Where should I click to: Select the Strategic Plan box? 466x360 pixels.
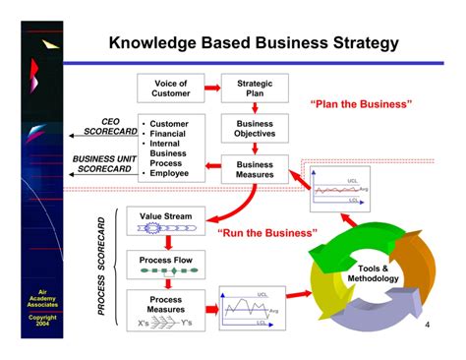[256, 90]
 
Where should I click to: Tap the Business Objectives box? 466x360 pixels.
[256, 129]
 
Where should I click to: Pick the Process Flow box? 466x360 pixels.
[165, 263]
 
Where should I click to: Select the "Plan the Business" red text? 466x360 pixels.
[362, 104]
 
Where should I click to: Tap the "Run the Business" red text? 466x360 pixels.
[267, 233]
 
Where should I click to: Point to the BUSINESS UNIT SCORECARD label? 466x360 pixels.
[105, 162]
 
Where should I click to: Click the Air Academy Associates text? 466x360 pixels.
[42, 299]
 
